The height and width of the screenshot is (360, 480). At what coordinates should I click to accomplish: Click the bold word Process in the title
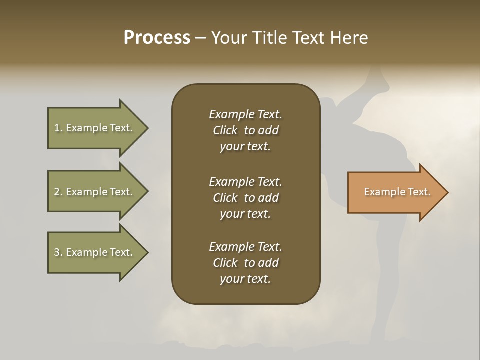pos(157,38)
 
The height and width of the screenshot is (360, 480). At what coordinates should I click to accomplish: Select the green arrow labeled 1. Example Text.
pos(95,128)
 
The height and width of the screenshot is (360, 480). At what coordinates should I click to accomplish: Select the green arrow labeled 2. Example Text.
pos(95,192)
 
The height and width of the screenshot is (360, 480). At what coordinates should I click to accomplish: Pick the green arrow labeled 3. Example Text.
pos(95,252)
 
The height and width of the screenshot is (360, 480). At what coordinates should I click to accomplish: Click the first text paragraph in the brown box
pos(245,130)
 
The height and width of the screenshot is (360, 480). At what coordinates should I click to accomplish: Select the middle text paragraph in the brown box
pos(245,198)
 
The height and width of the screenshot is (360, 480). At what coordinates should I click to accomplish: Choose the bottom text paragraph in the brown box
pos(245,263)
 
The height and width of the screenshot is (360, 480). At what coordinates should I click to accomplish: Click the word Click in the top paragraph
pos(225,130)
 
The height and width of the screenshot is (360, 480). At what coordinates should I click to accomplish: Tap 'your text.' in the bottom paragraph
pos(245,279)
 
